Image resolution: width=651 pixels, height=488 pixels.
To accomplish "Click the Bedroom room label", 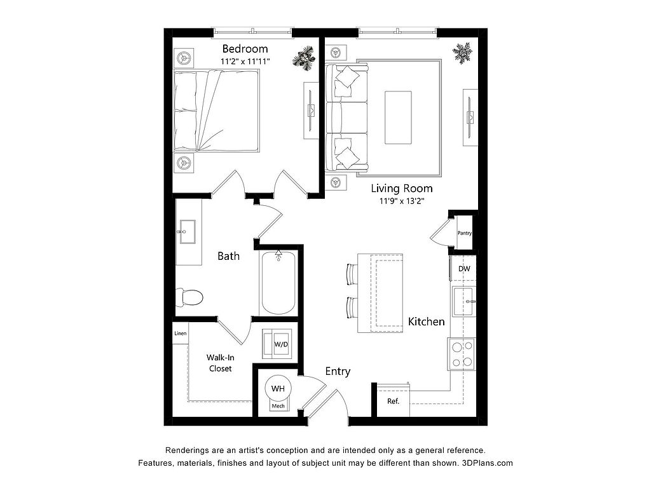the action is (245, 49).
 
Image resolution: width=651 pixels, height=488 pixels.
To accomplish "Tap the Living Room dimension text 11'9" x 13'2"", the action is (402, 201).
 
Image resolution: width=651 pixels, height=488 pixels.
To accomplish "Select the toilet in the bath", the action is (189, 297).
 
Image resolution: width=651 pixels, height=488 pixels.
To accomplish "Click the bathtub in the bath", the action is (278, 283).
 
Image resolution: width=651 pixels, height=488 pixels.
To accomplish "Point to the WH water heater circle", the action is (278, 388).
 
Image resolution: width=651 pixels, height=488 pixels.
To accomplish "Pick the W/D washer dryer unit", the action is (277, 344).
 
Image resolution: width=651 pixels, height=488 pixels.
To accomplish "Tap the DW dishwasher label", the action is (464, 269).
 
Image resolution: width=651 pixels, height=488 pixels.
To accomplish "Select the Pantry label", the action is (465, 233).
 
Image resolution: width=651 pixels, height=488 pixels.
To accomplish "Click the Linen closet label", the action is (180, 333).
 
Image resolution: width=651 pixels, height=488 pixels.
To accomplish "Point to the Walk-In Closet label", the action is (220, 363).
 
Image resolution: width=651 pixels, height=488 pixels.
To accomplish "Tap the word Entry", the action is (338, 371).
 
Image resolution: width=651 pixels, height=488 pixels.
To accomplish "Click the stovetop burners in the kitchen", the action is (462, 354).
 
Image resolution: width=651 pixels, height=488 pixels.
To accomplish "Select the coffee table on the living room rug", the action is (398, 118).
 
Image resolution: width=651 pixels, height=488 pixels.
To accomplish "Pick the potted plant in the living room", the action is (462, 53).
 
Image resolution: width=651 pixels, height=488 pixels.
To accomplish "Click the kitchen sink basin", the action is (463, 302).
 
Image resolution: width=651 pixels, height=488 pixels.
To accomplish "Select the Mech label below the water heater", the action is (278, 406).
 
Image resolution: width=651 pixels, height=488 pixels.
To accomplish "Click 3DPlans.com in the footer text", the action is (488, 463).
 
